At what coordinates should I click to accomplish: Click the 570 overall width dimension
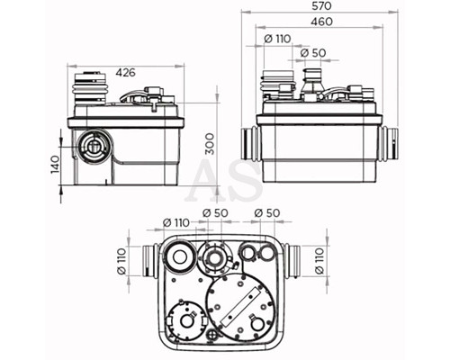pyautogui.click(x=321, y=6)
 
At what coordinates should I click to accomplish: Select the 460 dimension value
pyautogui.click(x=321, y=22)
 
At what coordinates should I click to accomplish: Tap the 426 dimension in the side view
pyautogui.click(x=126, y=72)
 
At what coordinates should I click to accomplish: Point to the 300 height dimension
pyautogui.click(x=211, y=144)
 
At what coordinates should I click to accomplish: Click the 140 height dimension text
pyautogui.click(x=55, y=165)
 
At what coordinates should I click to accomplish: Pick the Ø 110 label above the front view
pyautogui.click(x=278, y=39)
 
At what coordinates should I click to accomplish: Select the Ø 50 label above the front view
pyautogui.click(x=313, y=53)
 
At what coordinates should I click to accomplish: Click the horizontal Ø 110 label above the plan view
pyautogui.click(x=176, y=223)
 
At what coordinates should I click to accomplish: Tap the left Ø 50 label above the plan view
pyautogui.click(x=215, y=213)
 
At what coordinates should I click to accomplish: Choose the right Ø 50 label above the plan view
pyautogui.click(x=267, y=213)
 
